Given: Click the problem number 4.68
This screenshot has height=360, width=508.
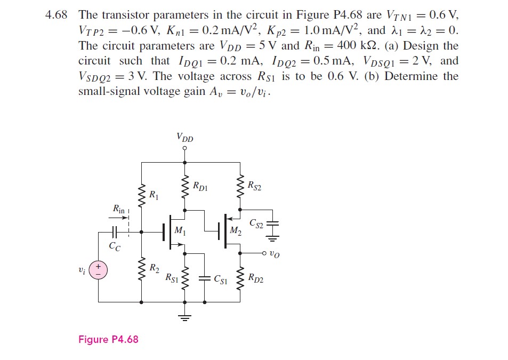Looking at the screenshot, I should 57,15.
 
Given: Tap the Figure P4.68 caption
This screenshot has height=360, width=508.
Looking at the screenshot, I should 108,340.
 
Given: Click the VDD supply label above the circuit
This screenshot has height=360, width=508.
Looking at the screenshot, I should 185,138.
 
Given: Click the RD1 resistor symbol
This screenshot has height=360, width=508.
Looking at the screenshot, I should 185,187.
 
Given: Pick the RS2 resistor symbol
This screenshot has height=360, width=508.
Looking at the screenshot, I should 240,187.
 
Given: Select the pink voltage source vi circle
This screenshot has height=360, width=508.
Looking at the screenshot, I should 99,270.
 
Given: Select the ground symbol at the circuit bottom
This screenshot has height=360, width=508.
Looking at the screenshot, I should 185,318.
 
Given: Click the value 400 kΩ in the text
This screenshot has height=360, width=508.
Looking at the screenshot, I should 358,46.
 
